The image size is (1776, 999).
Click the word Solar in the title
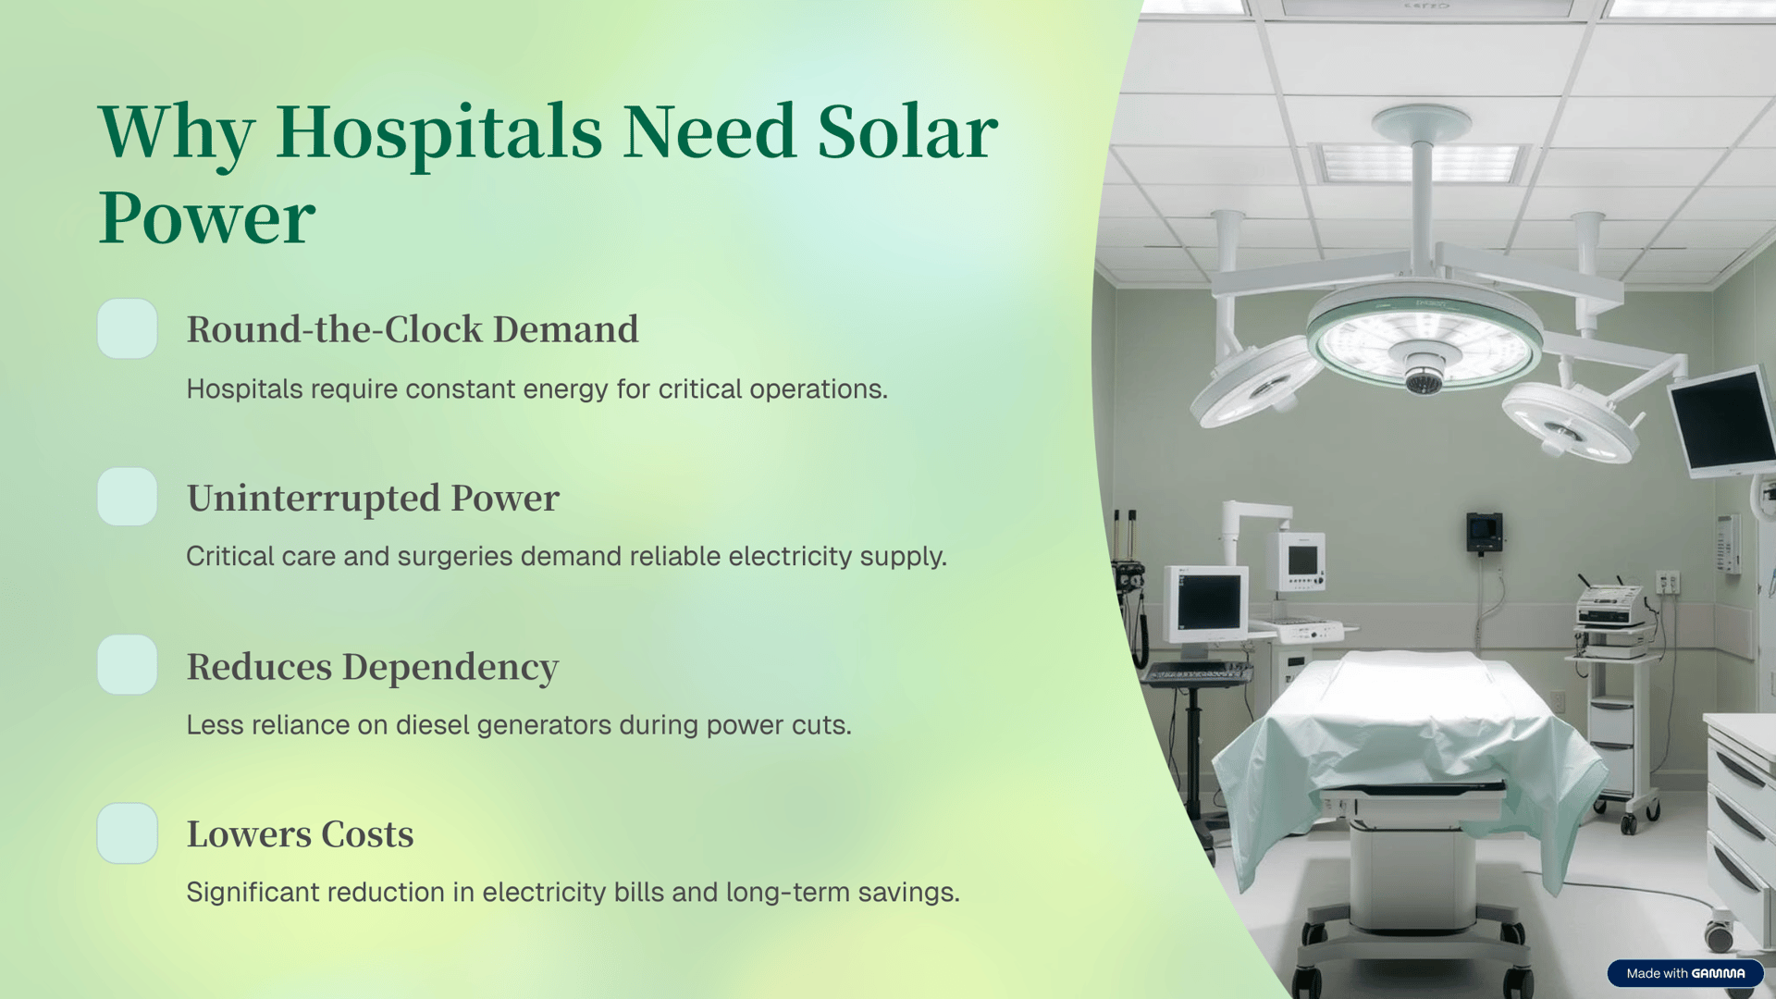(907, 131)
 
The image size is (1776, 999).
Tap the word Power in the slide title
(207, 218)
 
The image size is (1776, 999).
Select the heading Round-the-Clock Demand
(413, 329)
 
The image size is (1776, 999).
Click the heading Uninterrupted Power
(373, 499)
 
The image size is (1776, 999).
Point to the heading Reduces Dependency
(373, 667)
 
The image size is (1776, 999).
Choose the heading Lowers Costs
(300, 834)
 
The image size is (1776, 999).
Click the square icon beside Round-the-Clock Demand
(128, 328)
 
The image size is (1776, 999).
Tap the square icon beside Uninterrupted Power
(128, 497)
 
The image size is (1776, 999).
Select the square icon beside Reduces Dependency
(128, 665)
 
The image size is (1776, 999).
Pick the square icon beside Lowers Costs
(128, 833)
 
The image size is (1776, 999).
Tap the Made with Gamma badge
(1684, 973)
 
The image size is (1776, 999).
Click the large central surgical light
(1424, 337)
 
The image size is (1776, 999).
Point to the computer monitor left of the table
(1206, 602)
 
